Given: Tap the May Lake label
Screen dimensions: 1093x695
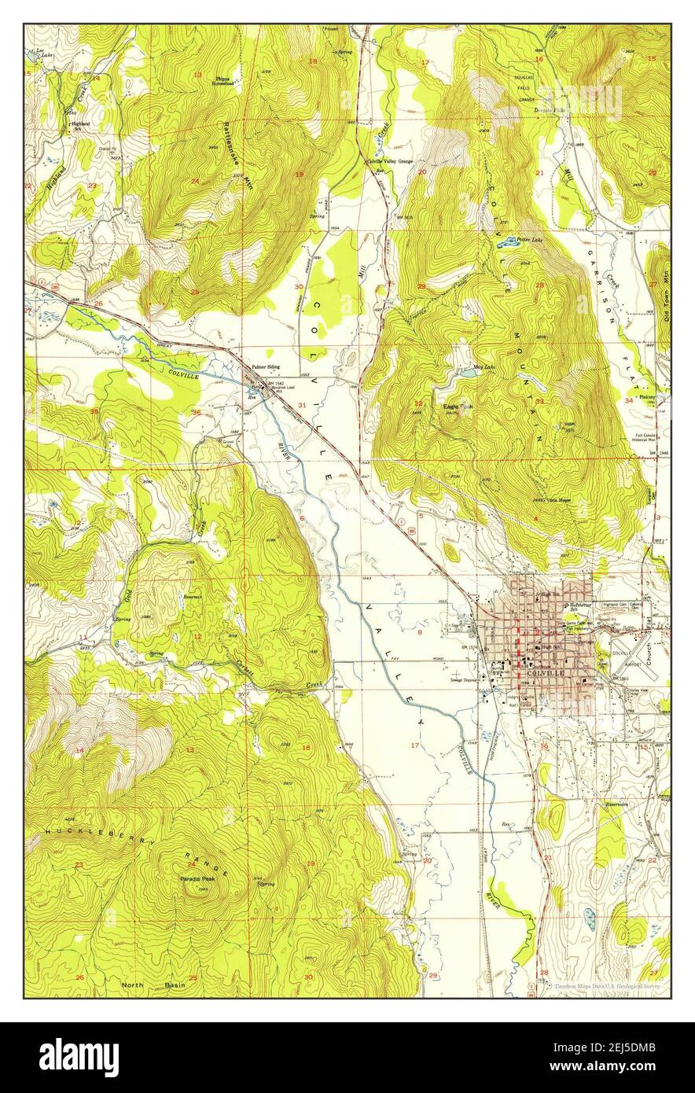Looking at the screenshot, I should pyautogui.click(x=484, y=367).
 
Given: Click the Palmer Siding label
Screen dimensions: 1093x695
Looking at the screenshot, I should pyautogui.click(x=266, y=367).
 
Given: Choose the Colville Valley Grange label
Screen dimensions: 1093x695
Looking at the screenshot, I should pyautogui.click(x=390, y=160).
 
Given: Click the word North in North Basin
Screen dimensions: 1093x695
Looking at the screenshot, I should pyautogui.click(x=134, y=984).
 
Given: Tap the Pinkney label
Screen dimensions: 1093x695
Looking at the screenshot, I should pyautogui.click(x=647, y=397).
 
